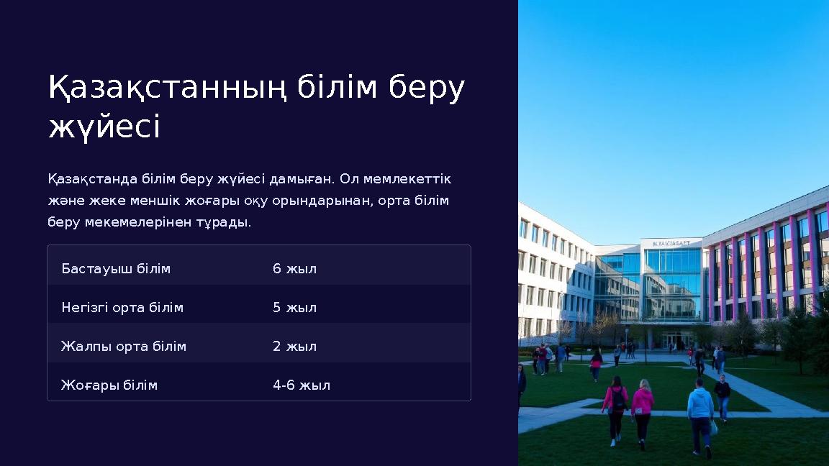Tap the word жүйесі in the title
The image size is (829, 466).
(104, 128)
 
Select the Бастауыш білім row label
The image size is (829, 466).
(116, 269)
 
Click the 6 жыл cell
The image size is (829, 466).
(294, 269)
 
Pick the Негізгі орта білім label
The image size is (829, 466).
(122, 308)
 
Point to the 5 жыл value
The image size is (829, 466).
(294, 308)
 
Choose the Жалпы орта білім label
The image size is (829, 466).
(124, 347)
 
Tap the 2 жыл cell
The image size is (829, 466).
(294, 347)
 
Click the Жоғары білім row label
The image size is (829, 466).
(109, 385)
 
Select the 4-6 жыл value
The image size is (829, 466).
(302, 385)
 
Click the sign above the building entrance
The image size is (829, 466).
(671, 243)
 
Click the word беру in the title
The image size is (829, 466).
(427, 88)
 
